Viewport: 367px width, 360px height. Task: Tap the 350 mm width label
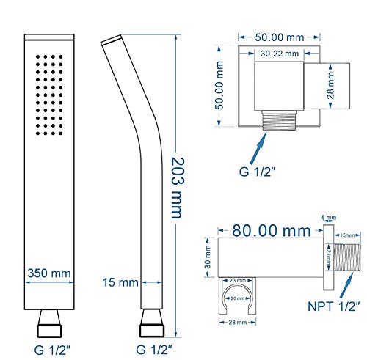pos(49,273)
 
